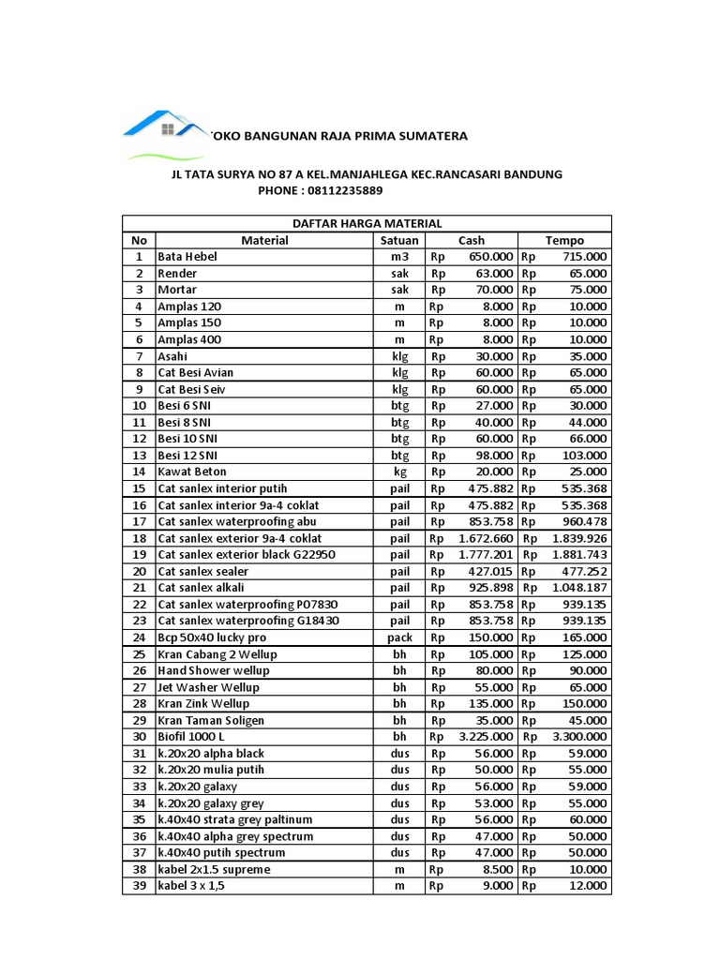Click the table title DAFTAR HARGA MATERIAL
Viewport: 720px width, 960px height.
click(x=367, y=223)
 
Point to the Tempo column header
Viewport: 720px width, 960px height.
click(x=564, y=240)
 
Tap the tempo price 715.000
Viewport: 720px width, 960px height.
click(x=584, y=257)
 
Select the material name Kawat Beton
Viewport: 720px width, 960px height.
click(x=192, y=472)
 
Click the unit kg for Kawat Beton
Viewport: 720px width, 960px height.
click(x=399, y=472)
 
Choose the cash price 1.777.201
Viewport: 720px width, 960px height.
click(x=486, y=555)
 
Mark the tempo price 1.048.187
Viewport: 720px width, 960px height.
click(x=579, y=588)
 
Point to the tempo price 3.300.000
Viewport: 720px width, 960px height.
click(x=579, y=737)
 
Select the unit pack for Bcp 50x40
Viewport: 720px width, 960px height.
click(x=399, y=637)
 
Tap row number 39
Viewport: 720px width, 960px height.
click(x=139, y=886)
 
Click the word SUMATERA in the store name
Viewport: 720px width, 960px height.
click(x=428, y=137)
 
